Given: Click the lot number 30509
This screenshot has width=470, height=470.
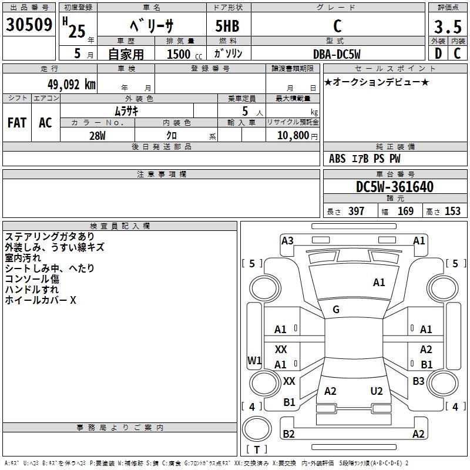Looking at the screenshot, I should click(x=29, y=25).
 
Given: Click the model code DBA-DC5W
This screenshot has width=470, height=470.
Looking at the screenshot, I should click(x=337, y=53).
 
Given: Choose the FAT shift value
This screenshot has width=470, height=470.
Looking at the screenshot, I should click(x=17, y=122).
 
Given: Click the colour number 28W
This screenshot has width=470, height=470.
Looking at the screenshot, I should click(x=98, y=135).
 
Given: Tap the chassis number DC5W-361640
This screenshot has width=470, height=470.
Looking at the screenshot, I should click(x=395, y=187).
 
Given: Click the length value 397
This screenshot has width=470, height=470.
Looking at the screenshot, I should click(x=356, y=211).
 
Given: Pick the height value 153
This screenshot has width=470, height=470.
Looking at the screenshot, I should click(x=452, y=211).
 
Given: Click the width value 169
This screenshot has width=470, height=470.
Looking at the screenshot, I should click(x=405, y=211).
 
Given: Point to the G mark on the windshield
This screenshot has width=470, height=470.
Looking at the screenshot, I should click(x=336, y=310).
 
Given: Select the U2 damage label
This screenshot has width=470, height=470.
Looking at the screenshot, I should click(x=377, y=391).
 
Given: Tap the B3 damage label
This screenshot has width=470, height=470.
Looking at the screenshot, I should click(x=418, y=381).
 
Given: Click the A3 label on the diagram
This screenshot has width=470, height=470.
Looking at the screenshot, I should click(x=287, y=240).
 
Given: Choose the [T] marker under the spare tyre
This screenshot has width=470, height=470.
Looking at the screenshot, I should click(x=257, y=449).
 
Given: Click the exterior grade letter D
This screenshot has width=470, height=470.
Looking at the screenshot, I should click(x=438, y=53).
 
